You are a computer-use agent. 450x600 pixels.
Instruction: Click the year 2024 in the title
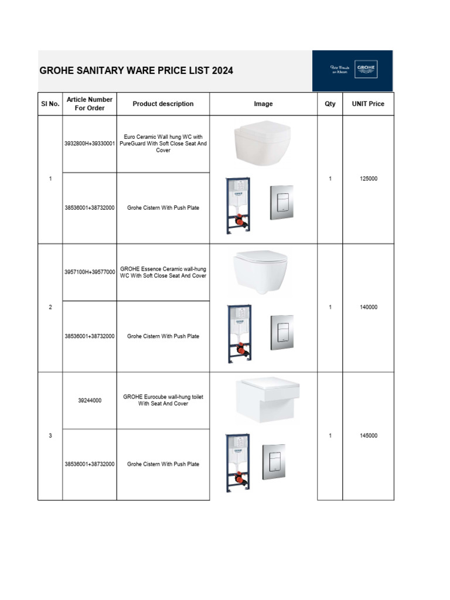click(x=222, y=70)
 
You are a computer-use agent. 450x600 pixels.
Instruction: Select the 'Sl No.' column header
click(x=50, y=104)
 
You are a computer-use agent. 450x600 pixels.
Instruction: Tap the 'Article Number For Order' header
click(x=90, y=104)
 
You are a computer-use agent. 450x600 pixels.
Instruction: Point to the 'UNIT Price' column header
click(x=368, y=104)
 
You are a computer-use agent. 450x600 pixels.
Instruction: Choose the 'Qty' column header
click(x=330, y=104)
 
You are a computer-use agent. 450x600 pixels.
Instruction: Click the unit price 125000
click(x=368, y=179)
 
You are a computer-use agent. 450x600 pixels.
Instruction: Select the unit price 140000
click(x=368, y=307)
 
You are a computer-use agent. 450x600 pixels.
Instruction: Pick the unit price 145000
click(x=368, y=435)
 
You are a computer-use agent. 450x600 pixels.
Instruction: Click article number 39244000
click(x=90, y=400)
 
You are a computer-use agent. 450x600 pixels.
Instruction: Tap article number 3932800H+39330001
click(x=90, y=143)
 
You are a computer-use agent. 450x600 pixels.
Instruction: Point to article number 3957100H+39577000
click(x=90, y=272)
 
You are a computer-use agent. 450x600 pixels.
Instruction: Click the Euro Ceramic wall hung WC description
click(x=163, y=143)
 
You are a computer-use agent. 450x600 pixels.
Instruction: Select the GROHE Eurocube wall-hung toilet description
click(x=163, y=400)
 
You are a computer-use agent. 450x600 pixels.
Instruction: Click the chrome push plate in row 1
click(x=281, y=203)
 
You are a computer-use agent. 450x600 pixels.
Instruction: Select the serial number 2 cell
click(x=50, y=307)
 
